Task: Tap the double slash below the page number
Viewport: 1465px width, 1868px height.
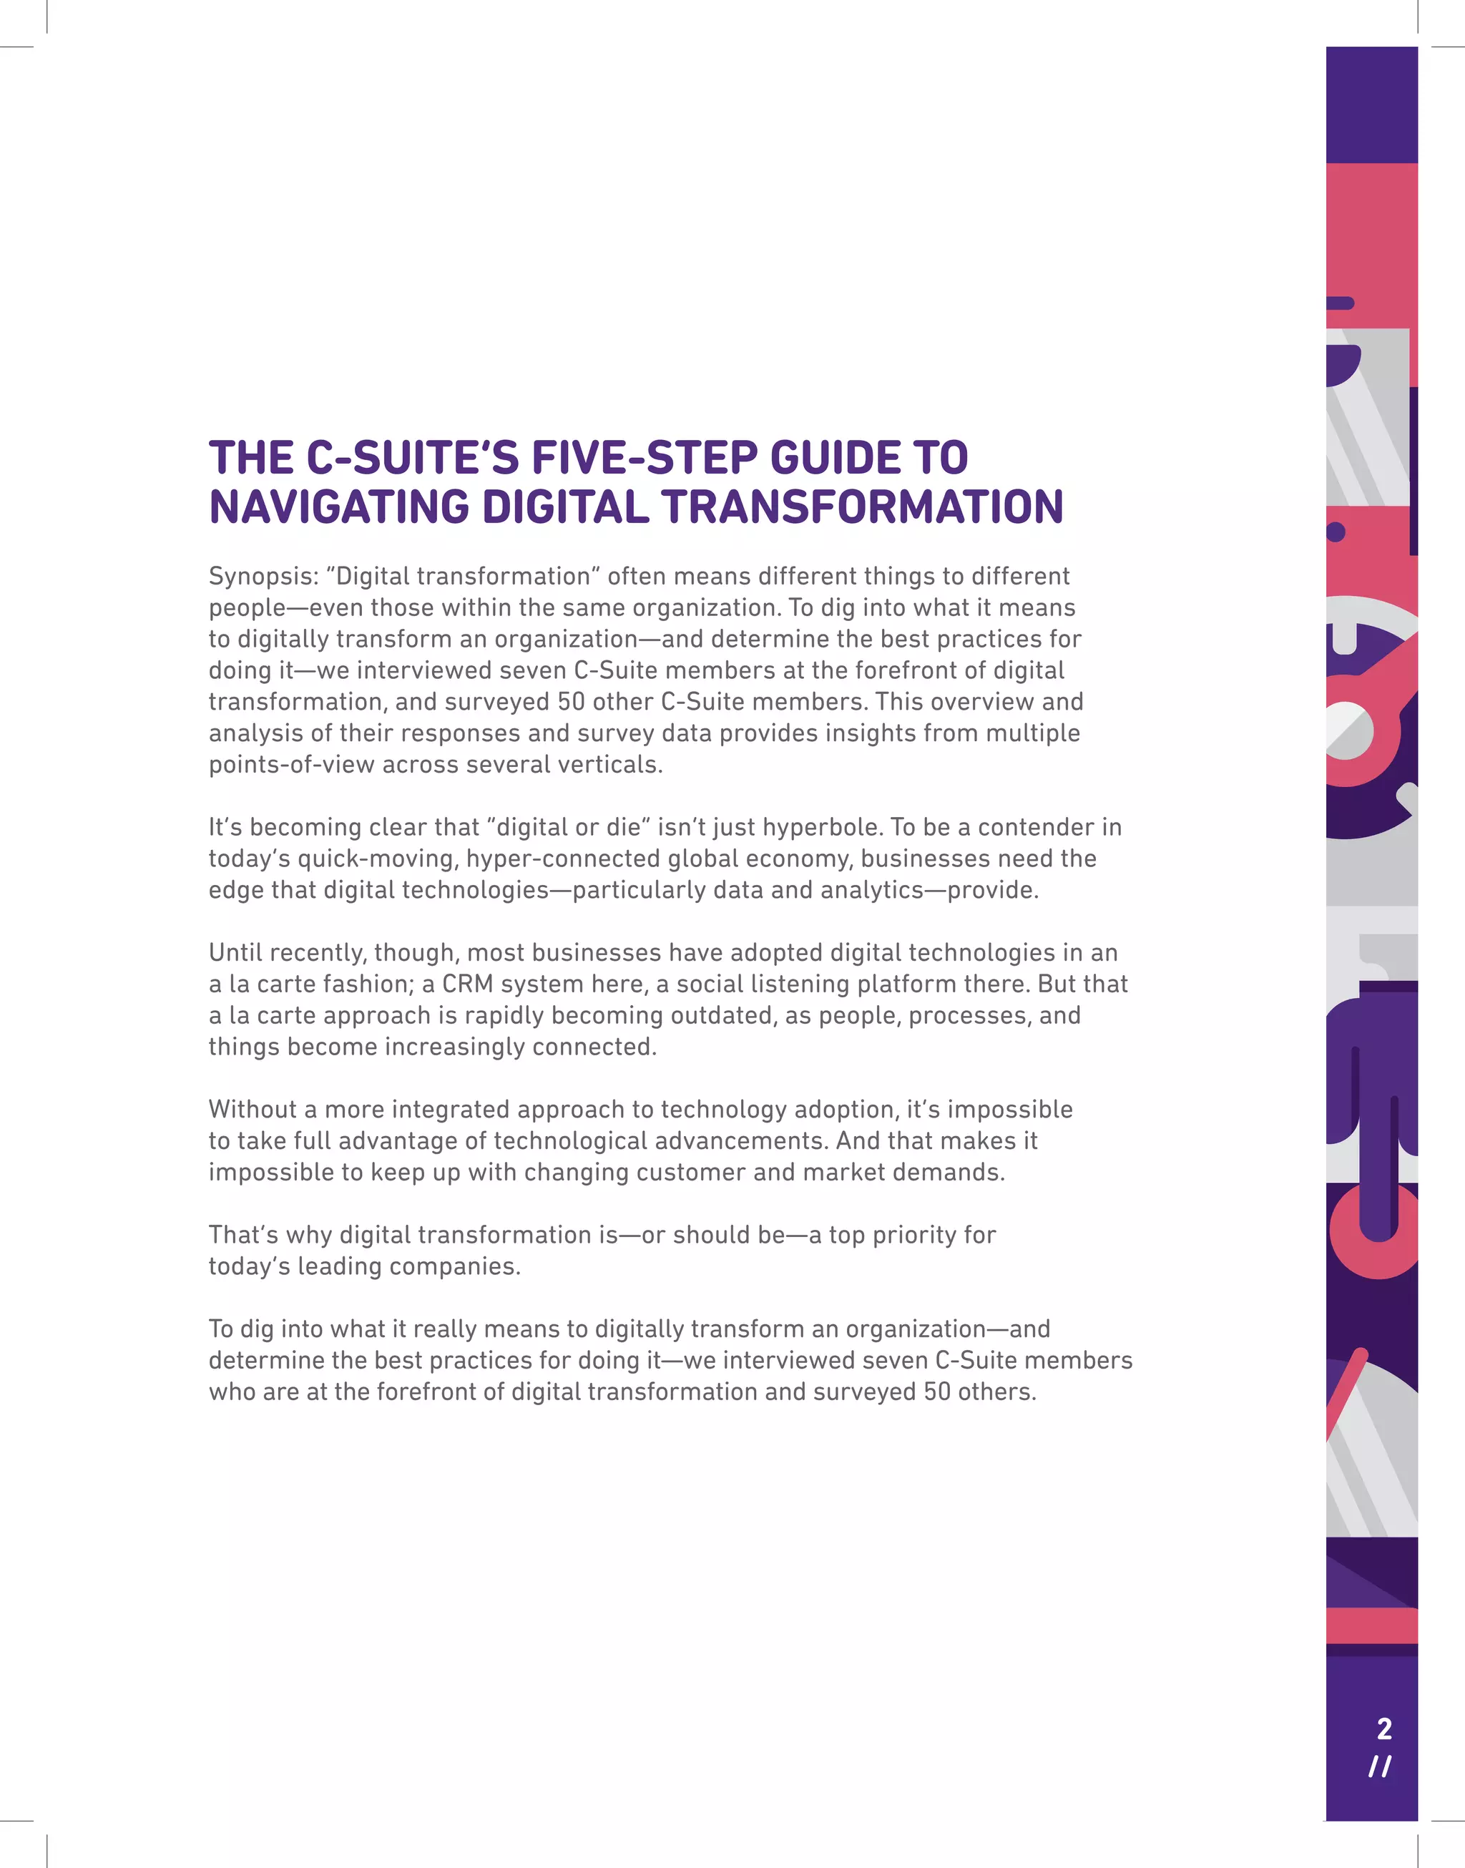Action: [x=1380, y=1767]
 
